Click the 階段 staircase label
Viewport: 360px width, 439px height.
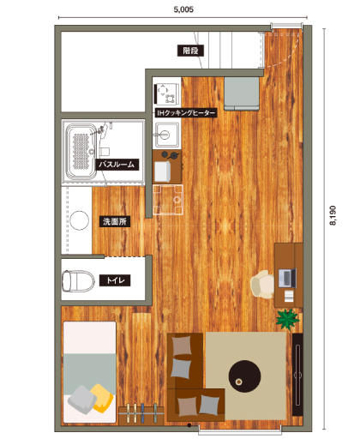click(190, 51)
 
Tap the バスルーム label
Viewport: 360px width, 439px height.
click(117, 165)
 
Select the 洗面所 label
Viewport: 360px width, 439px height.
click(115, 221)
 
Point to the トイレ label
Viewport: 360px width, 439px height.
click(115, 280)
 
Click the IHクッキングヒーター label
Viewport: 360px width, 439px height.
click(186, 113)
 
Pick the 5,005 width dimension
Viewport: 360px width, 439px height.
click(183, 9)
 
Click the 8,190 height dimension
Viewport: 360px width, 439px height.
click(333, 215)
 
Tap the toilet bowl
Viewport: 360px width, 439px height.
click(78, 281)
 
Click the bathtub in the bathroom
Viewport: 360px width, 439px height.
click(81, 151)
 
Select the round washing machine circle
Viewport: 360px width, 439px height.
click(80, 220)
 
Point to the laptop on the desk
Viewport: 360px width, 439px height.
click(287, 278)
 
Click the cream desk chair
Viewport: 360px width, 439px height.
click(262, 285)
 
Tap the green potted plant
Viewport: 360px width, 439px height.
click(287, 319)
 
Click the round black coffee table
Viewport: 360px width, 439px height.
click(244, 376)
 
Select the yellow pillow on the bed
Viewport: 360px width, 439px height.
click(102, 398)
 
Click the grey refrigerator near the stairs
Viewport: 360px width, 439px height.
click(242, 93)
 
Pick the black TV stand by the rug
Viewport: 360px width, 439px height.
click(297, 375)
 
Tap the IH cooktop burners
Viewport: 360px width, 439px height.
click(167, 94)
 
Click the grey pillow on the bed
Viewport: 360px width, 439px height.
click(82, 400)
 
